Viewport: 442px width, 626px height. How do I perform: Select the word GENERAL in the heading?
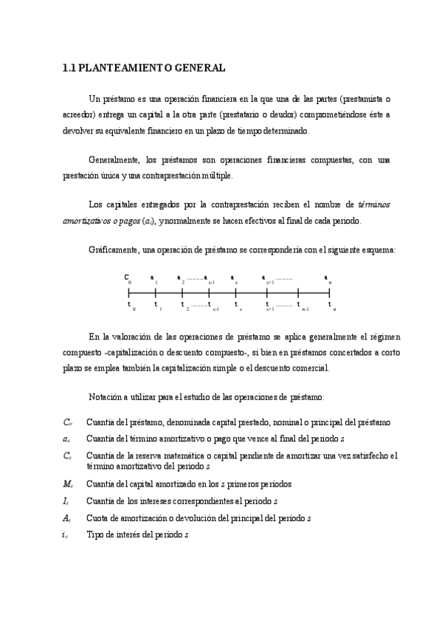(198, 69)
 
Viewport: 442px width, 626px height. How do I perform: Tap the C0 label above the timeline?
(128, 278)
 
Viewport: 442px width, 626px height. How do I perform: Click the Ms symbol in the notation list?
(67, 484)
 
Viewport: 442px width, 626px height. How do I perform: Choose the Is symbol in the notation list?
(66, 501)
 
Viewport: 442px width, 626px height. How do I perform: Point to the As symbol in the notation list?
(66, 518)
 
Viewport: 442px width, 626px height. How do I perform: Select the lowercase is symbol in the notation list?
(65, 535)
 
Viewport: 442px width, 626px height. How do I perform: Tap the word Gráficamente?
(111, 250)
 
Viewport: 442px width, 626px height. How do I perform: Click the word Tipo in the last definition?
(94, 534)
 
